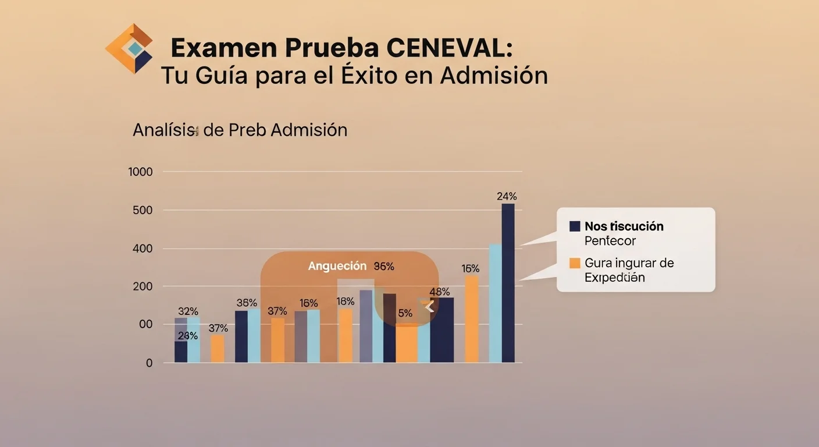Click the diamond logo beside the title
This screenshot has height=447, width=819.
pyautogui.click(x=129, y=49)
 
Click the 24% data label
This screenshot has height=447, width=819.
pyautogui.click(x=507, y=196)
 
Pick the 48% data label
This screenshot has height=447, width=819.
pyautogui.click(x=439, y=292)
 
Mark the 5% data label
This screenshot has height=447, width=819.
pyautogui.click(x=405, y=313)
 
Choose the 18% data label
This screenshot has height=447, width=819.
pyautogui.click(x=346, y=301)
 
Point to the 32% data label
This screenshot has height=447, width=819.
pyautogui.click(x=188, y=311)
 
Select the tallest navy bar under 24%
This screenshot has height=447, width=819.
pyautogui.click(x=508, y=283)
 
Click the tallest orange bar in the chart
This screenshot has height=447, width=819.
pyautogui.click(x=472, y=319)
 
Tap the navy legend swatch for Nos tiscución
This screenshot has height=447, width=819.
pyautogui.click(x=575, y=226)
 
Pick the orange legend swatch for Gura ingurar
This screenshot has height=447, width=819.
pyautogui.click(x=575, y=263)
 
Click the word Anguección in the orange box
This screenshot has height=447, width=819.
pyautogui.click(x=337, y=266)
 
